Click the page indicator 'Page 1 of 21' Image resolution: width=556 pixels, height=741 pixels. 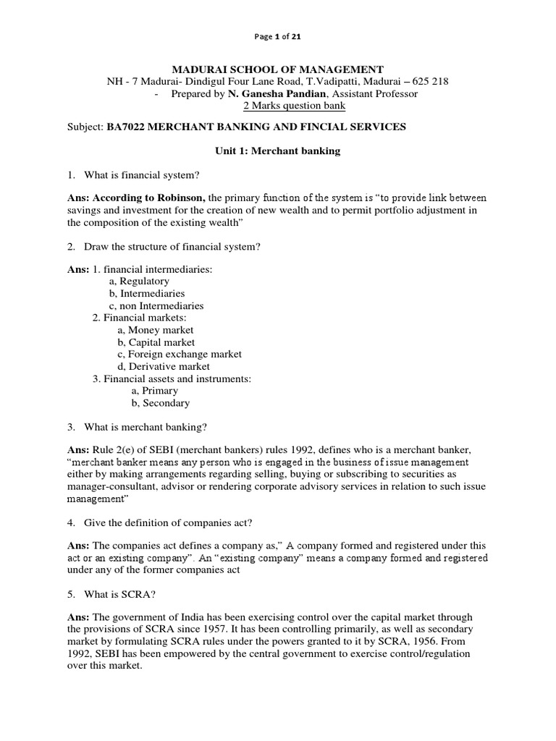coord(278,36)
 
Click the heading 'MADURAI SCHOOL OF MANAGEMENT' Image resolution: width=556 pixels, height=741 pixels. coord(277,69)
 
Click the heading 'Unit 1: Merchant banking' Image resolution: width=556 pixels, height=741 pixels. coord(277,151)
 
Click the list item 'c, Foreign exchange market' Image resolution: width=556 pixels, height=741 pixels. coord(179,354)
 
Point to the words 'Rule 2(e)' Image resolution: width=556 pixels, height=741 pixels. coord(114,449)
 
